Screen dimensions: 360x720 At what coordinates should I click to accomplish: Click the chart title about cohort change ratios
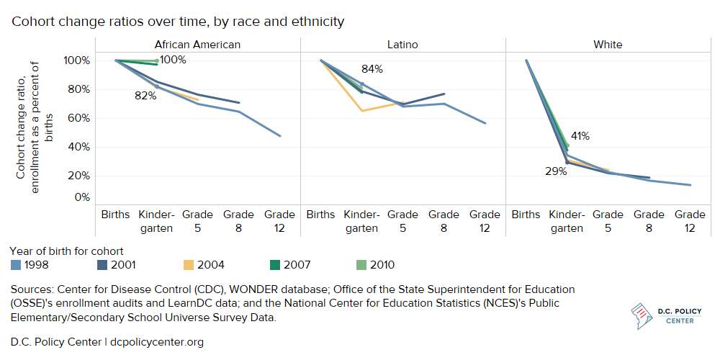pyautogui.click(x=178, y=22)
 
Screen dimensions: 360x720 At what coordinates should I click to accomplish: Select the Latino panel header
pyautogui.click(x=402, y=45)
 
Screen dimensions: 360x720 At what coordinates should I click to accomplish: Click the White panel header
pyautogui.click(x=608, y=45)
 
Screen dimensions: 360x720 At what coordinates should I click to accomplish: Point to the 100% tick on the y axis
pyautogui.click(x=76, y=60)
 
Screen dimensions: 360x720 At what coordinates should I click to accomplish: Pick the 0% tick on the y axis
pyautogui.click(x=81, y=197)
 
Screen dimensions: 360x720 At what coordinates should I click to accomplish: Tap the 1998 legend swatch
pyautogui.click(x=16, y=265)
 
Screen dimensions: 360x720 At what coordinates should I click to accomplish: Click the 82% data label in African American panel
pyautogui.click(x=145, y=96)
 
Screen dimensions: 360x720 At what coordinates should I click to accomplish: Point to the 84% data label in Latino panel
pyautogui.click(x=372, y=70)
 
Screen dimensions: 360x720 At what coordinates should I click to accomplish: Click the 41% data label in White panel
pyautogui.click(x=580, y=135)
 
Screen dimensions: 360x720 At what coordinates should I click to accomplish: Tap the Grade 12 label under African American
pyautogui.click(x=279, y=221)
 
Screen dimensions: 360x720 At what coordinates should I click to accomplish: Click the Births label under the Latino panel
pyautogui.click(x=320, y=215)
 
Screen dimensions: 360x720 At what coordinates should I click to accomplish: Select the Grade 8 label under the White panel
pyautogui.click(x=649, y=221)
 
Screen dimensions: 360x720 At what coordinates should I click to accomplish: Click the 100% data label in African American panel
pyautogui.click(x=173, y=60)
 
